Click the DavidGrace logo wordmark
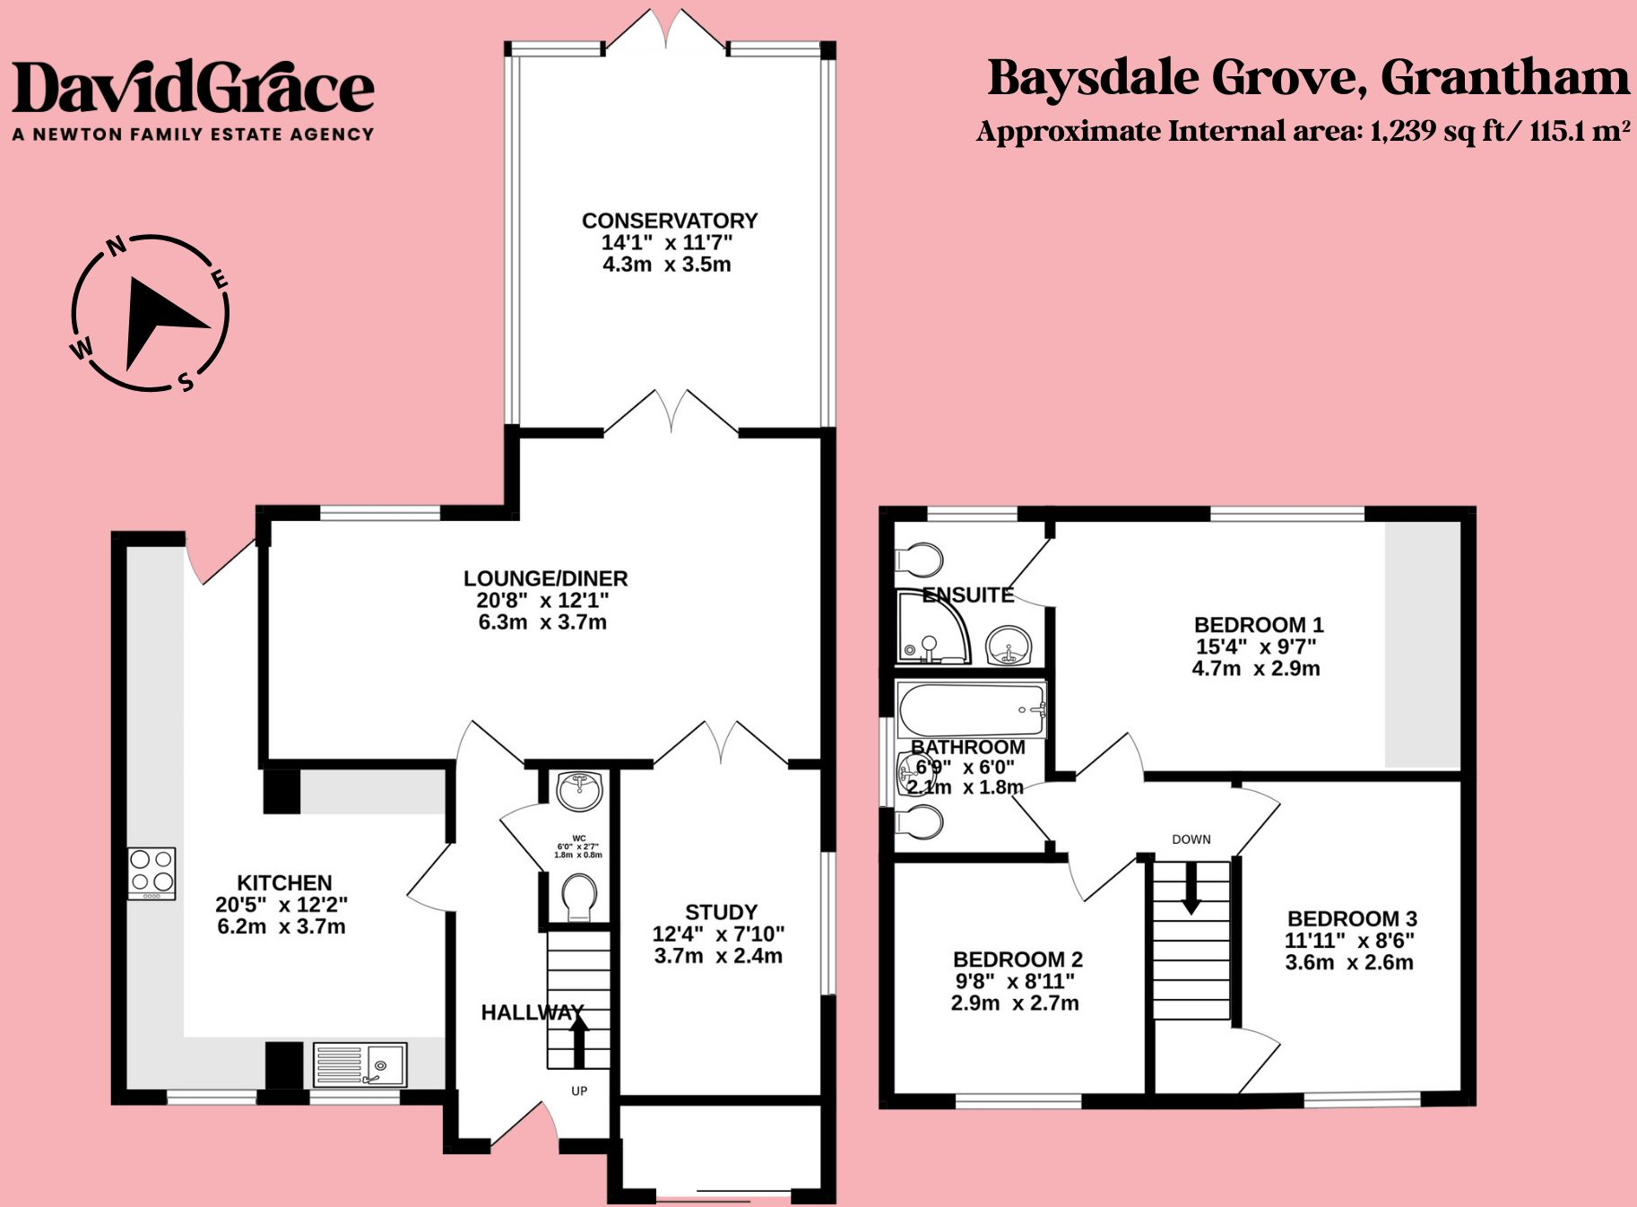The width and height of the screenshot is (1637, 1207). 193,88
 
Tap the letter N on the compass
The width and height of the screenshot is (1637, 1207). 116,246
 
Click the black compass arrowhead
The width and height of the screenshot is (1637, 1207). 157,318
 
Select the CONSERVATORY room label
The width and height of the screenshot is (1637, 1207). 670,221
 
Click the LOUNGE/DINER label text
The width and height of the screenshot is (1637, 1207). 545,578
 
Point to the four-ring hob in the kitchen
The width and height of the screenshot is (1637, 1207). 152,873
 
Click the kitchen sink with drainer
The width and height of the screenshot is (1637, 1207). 360,1064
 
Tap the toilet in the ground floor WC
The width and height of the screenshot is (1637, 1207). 579,897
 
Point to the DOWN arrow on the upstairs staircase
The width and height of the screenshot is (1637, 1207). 1191,888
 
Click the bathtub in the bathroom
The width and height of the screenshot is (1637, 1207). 971,710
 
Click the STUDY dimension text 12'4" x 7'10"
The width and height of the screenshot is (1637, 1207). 718,934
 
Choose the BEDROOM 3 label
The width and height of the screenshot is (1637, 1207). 1352,918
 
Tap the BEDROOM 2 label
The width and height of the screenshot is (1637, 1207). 1018,960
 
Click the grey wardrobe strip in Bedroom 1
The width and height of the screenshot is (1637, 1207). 1422,644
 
